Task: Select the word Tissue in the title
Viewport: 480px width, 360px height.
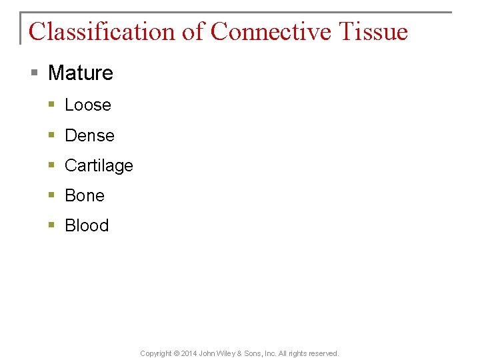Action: point(373,31)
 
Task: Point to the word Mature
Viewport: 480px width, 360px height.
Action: point(81,73)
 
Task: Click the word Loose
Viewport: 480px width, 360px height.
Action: point(88,105)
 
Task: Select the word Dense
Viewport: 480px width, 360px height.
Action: point(89,135)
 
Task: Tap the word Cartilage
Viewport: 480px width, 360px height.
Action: point(99,165)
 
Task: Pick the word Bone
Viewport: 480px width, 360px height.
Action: point(85,195)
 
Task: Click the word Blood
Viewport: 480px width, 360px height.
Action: point(87,225)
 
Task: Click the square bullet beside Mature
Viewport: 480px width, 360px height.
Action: point(35,73)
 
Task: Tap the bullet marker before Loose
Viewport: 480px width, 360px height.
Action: point(52,105)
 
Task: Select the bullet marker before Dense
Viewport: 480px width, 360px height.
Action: point(52,135)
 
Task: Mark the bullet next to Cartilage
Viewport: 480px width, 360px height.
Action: point(52,165)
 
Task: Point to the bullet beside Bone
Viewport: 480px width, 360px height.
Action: point(52,195)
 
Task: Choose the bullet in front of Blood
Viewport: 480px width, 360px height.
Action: point(52,225)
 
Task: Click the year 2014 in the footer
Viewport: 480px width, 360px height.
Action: point(190,353)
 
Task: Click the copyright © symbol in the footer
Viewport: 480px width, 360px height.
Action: point(176,353)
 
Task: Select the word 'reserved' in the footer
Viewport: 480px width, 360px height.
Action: point(323,353)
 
